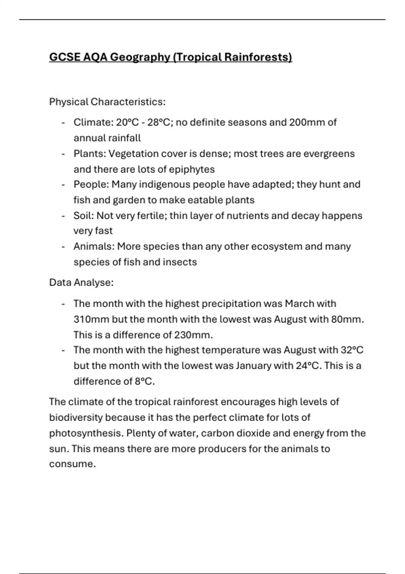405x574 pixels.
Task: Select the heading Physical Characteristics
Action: pos(107,102)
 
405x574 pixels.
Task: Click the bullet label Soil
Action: pos(83,215)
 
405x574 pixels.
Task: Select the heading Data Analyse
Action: pos(81,282)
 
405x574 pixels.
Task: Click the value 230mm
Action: pos(193,335)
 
